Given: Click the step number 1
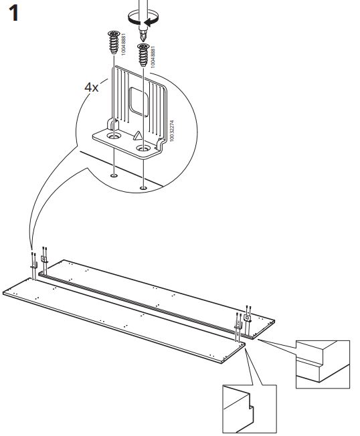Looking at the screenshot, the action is click(13, 13).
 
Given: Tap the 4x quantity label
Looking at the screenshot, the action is click(91, 87).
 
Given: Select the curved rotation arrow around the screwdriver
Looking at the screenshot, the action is click(143, 19).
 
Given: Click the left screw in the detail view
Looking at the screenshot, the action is click(114, 42).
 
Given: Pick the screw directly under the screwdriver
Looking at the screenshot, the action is click(144, 55).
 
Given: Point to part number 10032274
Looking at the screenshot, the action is click(172, 130).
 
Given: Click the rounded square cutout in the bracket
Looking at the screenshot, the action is click(139, 102).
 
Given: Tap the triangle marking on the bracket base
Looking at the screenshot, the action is click(138, 136).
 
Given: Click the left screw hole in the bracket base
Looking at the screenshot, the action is click(114, 136).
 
